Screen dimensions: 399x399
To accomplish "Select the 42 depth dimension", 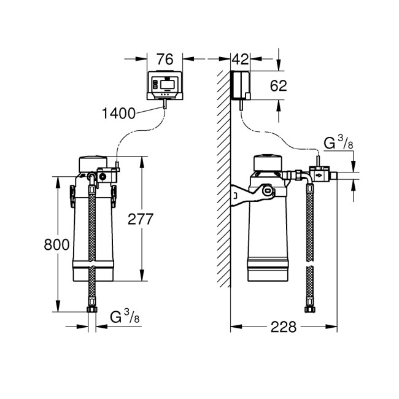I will coord(240,59).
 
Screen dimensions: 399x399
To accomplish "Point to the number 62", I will coord(278,85).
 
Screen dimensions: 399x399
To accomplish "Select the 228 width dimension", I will coord(284,327).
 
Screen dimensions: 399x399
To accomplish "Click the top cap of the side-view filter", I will coord(268,163).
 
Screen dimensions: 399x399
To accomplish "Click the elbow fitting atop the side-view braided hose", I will coord(301,177).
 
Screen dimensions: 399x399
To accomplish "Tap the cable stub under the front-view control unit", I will coord(166,106).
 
